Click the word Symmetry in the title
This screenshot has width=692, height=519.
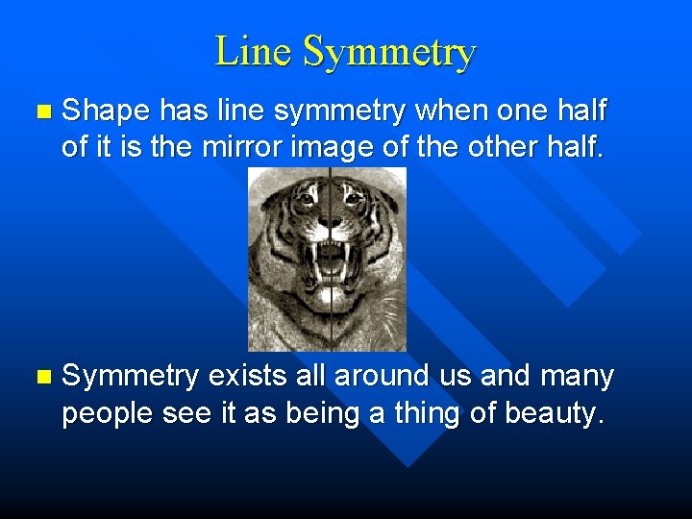(388, 53)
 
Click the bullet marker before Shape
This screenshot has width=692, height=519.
(38, 113)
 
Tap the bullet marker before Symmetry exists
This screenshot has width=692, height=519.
(38, 378)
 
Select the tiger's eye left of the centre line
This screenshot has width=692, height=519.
(305, 199)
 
